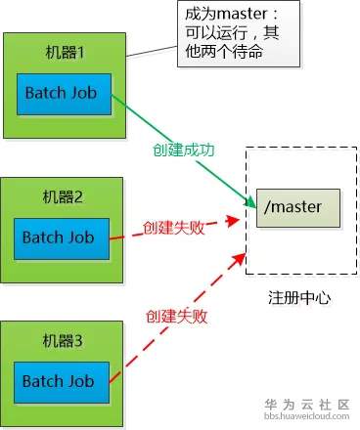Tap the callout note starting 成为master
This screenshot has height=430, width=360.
pos(237,34)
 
